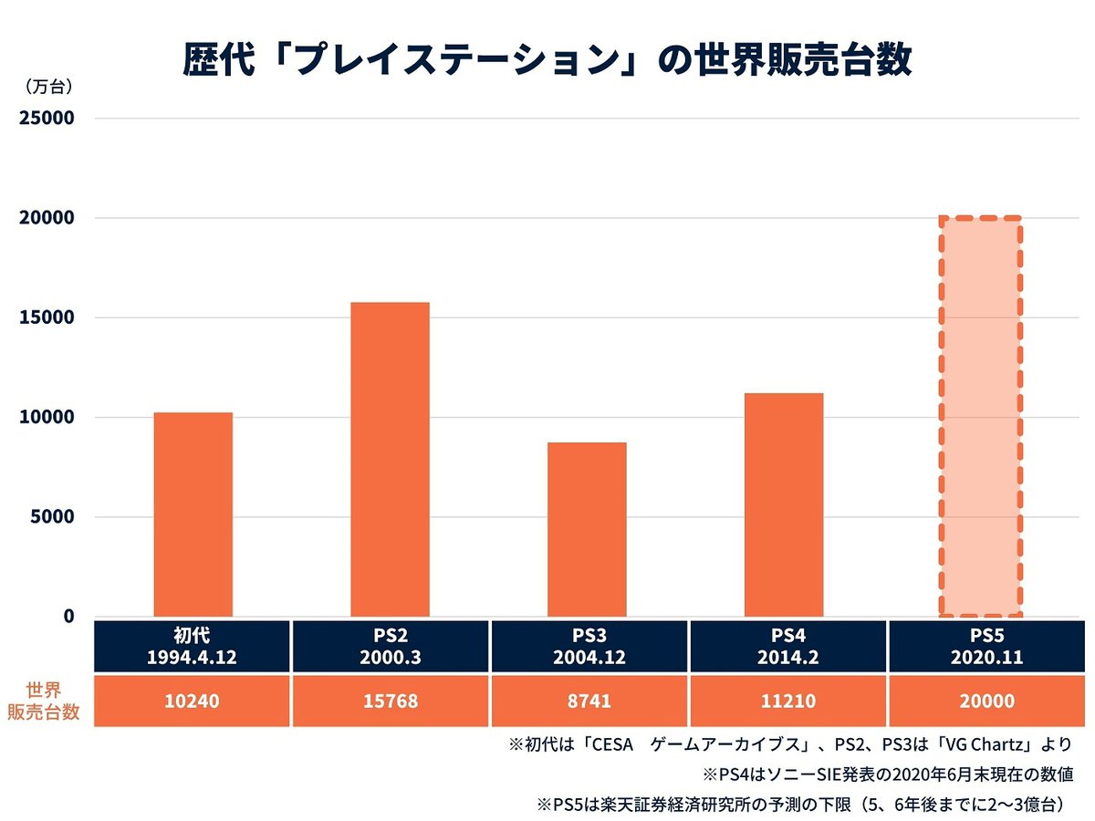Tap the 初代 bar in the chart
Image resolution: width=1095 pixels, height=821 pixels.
click(193, 514)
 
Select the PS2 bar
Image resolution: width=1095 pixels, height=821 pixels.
click(390, 460)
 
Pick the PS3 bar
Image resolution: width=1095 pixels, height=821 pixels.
click(587, 529)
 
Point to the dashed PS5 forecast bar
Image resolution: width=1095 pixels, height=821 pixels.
click(981, 417)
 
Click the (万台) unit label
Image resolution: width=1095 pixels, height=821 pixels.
click(44, 88)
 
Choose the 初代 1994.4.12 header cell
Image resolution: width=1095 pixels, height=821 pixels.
click(193, 647)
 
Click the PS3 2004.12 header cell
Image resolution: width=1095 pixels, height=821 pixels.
click(587, 647)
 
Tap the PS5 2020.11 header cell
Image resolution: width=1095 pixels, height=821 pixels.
click(981, 647)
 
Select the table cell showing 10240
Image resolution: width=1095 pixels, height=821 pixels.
click(193, 701)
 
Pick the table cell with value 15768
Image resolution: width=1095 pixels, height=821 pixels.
click(390, 701)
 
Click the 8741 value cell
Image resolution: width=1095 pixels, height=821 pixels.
click(587, 701)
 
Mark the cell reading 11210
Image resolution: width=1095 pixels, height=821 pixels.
click(784, 701)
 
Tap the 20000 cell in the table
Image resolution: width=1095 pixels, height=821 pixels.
click(981, 701)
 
